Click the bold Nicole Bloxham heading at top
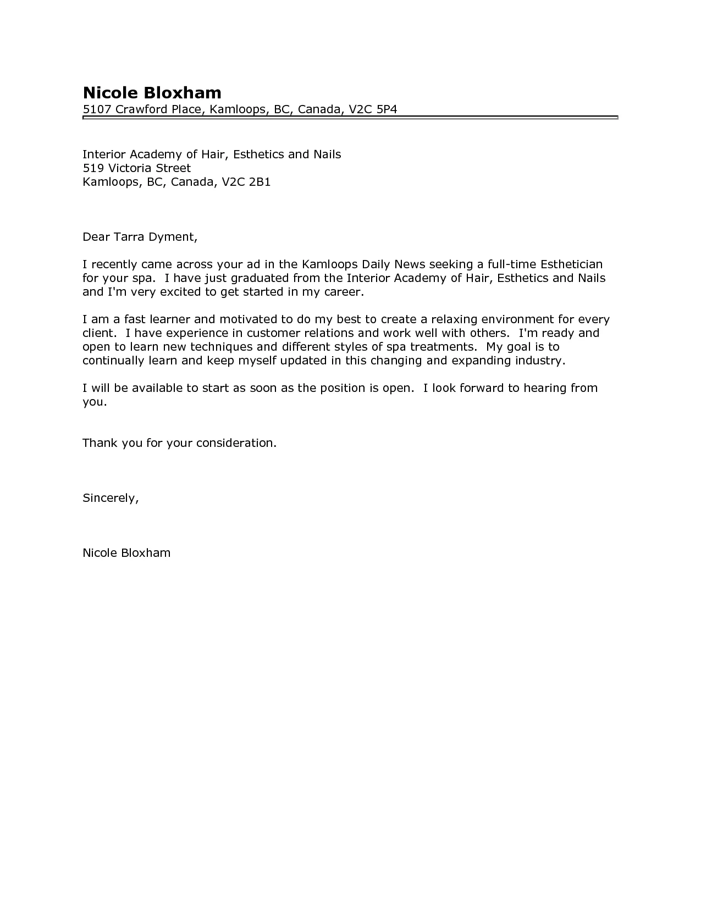click(x=152, y=92)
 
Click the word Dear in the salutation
click(x=96, y=237)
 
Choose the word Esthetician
click(x=572, y=264)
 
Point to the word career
click(x=344, y=292)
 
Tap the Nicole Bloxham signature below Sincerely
click(x=126, y=553)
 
